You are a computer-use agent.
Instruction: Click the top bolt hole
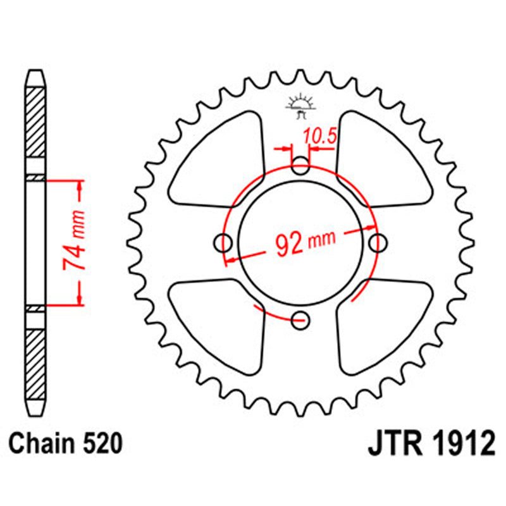pyautogui.click(x=301, y=167)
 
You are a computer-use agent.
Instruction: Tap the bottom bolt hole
pyautogui.click(x=301, y=319)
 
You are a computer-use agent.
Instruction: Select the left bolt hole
pyautogui.click(x=223, y=242)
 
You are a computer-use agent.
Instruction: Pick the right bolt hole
pyautogui.click(x=378, y=242)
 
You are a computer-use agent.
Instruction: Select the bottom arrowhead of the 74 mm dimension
pyautogui.click(x=80, y=300)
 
